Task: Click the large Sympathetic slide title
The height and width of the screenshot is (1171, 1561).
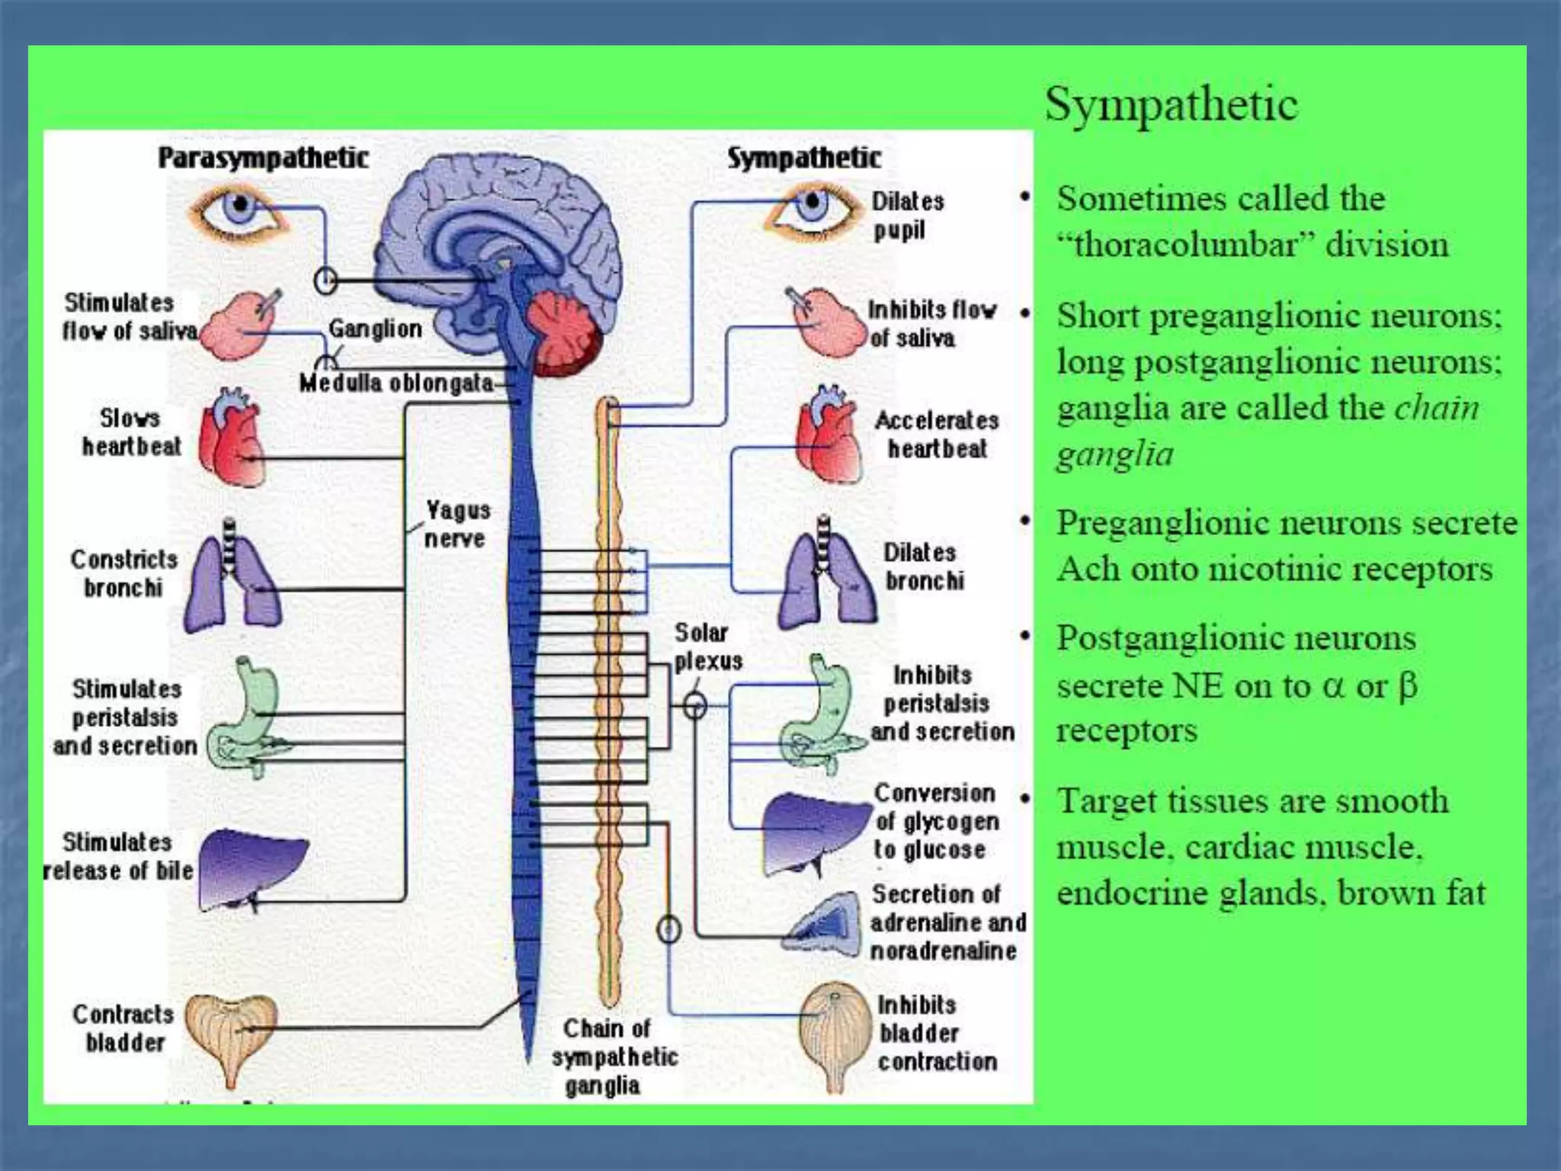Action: (1171, 104)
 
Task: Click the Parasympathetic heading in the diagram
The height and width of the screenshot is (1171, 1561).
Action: (263, 158)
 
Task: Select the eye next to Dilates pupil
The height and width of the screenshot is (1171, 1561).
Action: (810, 207)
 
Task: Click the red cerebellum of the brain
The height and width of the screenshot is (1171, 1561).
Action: (565, 334)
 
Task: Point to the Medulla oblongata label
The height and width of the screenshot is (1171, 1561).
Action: (396, 383)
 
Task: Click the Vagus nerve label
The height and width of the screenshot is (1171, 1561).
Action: (457, 524)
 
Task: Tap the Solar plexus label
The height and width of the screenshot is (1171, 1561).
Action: (707, 646)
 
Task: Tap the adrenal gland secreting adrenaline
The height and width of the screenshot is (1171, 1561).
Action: (824, 924)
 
